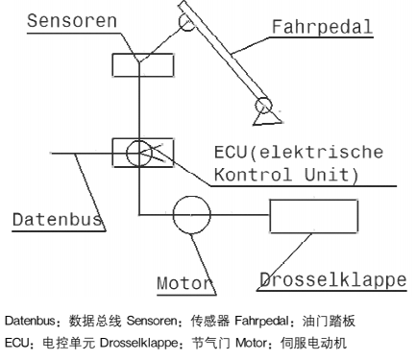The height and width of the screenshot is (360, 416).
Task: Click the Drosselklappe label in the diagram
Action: coord(333,279)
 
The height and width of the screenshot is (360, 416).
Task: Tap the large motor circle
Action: coord(190,212)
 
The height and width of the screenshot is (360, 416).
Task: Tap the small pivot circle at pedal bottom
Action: coord(260,105)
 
